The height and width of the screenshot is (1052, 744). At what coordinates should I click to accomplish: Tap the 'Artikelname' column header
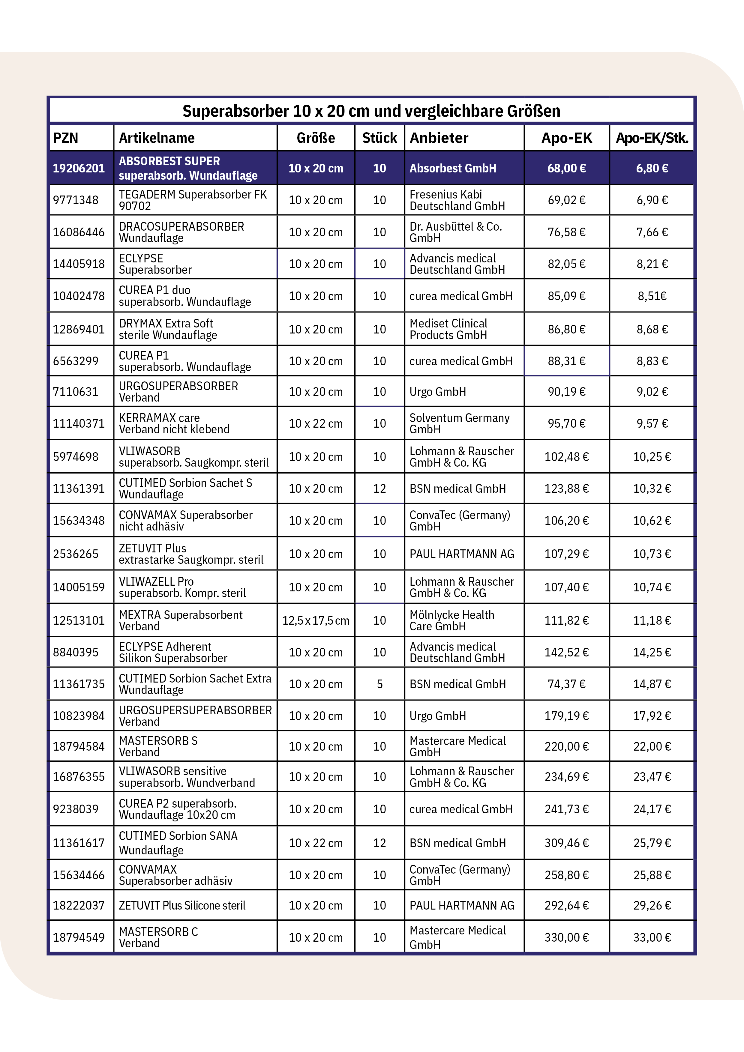[x=157, y=138]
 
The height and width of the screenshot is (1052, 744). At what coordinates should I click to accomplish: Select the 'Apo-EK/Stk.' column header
[x=652, y=138]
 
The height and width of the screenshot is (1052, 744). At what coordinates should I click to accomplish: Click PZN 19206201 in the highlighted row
[x=79, y=168]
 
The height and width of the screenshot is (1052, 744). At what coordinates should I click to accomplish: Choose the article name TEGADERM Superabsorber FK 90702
[x=193, y=200]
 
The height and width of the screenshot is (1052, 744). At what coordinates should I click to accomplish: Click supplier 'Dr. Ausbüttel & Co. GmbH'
[x=456, y=232]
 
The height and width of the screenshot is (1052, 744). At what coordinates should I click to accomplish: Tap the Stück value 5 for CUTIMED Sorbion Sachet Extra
[x=379, y=684]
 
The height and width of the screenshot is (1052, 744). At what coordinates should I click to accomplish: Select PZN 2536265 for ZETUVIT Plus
[x=76, y=554]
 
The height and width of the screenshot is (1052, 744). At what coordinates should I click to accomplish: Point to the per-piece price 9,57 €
[x=652, y=423]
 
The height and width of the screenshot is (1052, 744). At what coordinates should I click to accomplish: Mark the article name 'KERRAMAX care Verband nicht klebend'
[x=174, y=423]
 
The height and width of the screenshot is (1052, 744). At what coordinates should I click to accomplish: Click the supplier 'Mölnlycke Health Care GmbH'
[x=452, y=620]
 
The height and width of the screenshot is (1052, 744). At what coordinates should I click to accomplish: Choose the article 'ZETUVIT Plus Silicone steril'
[x=182, y=905]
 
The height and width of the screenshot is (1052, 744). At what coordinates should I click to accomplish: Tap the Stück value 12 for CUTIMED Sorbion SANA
[x=379, y=843]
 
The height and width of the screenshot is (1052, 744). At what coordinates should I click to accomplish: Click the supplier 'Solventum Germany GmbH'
[x=459, y=423]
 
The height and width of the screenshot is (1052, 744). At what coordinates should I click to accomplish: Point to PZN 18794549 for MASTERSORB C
[x=79, y=937]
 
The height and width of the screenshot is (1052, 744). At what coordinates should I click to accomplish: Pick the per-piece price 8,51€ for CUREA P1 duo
[x=652, y=296]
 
